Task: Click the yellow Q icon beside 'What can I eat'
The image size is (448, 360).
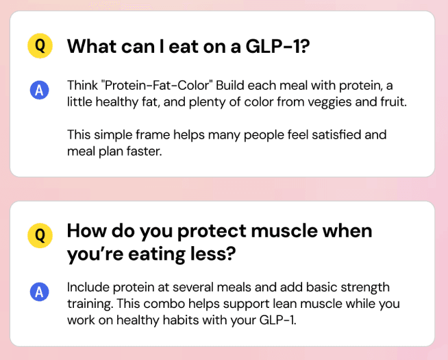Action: click(x=40, y=46)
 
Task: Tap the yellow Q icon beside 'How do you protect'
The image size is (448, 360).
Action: click(x=40, y=235)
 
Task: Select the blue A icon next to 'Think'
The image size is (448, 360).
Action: click(x=40, y=90)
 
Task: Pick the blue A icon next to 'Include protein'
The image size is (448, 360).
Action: click(x=40, y=291)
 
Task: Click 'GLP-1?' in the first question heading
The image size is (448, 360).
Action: click(x=277, y=47)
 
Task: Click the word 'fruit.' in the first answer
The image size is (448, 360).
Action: click(x=393, y=101)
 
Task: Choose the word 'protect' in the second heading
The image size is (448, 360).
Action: click(x=212, y=232)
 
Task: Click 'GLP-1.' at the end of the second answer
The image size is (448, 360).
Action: click(x=277, y=320)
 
